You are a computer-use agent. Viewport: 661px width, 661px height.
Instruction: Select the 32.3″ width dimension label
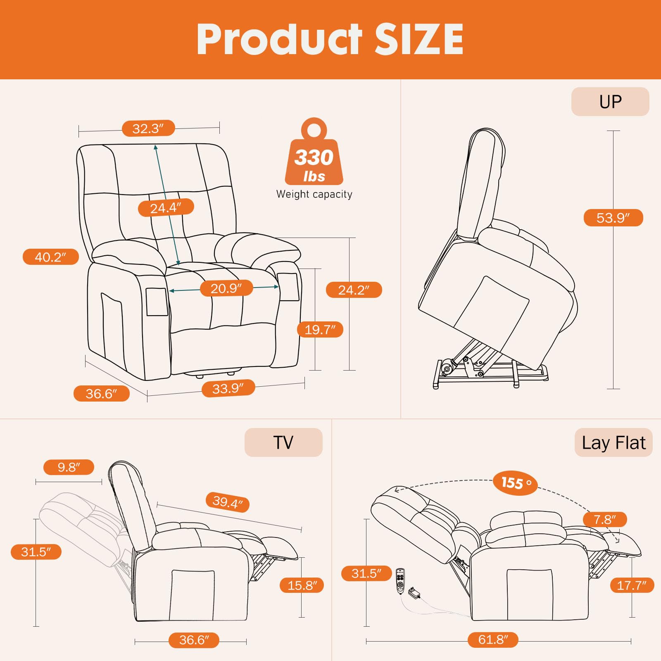click(148, 128)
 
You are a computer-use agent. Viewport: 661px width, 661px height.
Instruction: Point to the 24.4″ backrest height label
click(166, 207)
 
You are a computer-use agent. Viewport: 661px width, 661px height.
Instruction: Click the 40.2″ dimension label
click(50, 257)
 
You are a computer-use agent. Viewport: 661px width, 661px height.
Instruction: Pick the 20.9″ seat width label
click(226, 288)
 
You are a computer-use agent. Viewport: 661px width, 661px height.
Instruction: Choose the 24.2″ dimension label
click(354, 290)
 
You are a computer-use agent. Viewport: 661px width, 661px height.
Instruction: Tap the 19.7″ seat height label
click(320, 329)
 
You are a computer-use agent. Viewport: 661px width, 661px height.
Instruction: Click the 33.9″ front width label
click(228, 388)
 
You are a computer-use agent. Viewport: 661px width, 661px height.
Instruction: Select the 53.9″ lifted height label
click(613, 218)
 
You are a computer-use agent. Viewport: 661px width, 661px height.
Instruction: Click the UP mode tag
click(610, 102)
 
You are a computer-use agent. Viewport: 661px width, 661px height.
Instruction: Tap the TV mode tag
click(283, 442)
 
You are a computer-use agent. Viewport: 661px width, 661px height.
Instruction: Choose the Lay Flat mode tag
click(613, 442)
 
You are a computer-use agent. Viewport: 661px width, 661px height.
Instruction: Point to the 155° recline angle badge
click(516, 483)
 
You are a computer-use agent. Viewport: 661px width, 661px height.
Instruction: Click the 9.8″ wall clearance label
click(69, 467)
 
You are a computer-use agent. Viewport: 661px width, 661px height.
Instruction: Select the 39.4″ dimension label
click(228, 502)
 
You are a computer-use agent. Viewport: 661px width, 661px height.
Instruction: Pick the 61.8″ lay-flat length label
click(493, 640)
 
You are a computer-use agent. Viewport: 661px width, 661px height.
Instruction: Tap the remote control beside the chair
click(400, 581)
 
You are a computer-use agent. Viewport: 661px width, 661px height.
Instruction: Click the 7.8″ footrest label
click(605, 519)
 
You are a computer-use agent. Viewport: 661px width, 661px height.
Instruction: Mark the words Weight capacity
click(314, 194)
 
